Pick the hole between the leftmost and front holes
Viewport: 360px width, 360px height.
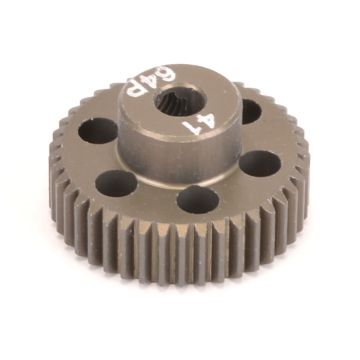coord(117,184)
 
